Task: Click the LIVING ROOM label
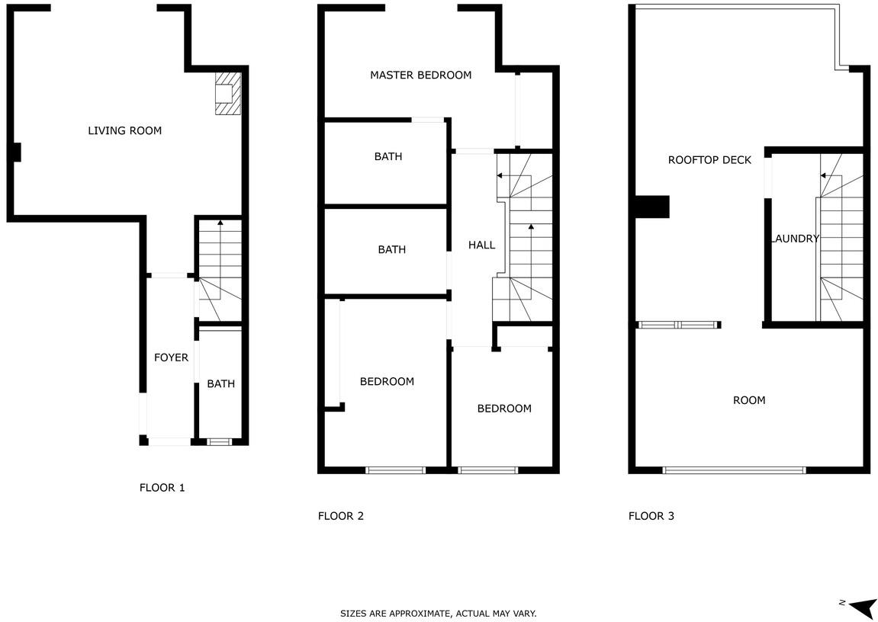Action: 125,131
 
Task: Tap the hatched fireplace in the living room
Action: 228,93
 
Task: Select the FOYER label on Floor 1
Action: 172,357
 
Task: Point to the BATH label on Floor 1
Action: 220,383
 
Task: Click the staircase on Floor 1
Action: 220,271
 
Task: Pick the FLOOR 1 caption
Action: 162,488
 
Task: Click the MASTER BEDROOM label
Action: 420,75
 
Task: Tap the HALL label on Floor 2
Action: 481,245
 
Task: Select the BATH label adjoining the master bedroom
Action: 388,156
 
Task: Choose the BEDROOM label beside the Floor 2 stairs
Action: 504,409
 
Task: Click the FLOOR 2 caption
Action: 340,516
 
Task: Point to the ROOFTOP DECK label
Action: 709,160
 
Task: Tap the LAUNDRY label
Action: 795,239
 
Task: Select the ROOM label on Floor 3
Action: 749,400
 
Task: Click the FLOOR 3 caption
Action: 651,516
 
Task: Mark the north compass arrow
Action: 862,605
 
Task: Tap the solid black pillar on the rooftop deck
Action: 652,207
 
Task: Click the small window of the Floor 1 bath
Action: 219,442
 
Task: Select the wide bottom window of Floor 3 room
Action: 735,470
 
